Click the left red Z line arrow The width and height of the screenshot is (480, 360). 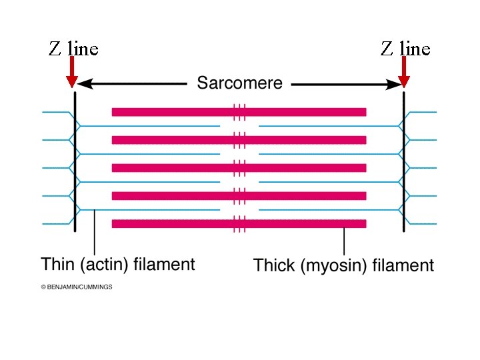pos(72,72)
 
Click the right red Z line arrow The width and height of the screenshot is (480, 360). pos(403,72)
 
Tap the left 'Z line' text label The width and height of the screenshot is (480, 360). pos(73,49)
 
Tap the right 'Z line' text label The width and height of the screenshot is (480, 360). pos(405,49)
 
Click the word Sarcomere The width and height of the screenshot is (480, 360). pos(239,84)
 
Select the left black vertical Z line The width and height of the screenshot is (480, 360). pos(75,160)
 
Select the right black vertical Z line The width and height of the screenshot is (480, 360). pos(404,160)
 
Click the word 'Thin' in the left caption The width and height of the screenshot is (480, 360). pos(57,265)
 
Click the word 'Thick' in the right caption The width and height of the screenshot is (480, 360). pos(275,266)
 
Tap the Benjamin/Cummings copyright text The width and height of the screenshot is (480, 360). pos(77,287)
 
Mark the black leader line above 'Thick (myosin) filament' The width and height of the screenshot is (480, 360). pos(344,240)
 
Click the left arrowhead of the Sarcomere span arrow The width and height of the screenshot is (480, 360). pos(85,85)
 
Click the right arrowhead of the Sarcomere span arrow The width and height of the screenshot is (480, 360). pos(393,85)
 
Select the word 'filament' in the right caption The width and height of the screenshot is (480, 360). pos(407,266)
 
